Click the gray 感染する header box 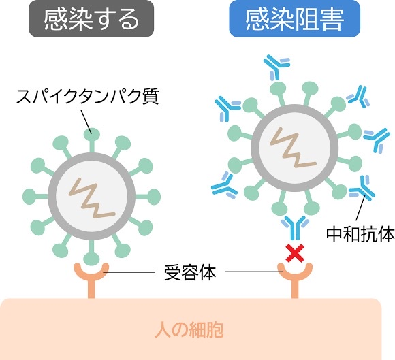click(x=91, y=19)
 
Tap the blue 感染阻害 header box click(x=294, y=19)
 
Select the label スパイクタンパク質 click(x=87, y=97)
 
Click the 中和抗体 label click(x=360, y=234)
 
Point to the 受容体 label click(x=190, y=273)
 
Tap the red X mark click(x=295, y=253)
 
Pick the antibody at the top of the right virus click(x=276, y=67)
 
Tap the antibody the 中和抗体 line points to click(x=362, y=189)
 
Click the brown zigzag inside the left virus click(x=92, y=198)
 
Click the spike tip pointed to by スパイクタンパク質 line click(x=92, y=134)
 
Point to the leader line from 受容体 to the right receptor click(x=253, y=272)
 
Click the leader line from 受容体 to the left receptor click(x=129, y=272)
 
